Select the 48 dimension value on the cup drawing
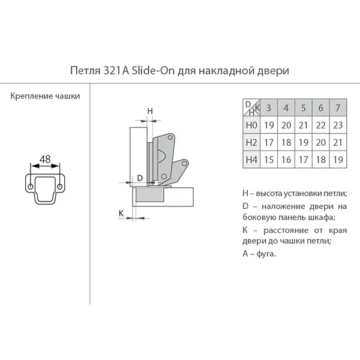(45, 159)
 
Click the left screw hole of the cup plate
(31, 187)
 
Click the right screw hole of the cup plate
(59, 187)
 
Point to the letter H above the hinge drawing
(150, 111)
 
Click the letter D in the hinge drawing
(140, 178)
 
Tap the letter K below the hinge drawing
(121, 213)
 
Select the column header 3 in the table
(269, 107)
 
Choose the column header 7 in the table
(338, 107)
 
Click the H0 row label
(251, 125)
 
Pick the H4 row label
(251, 160)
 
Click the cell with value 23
(338, 125)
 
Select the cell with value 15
(269, 160)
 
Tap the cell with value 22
(320, 125)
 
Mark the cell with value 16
(286, 160)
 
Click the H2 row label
(251, 143)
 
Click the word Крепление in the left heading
(29, 96)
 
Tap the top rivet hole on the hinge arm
(170, 137)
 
